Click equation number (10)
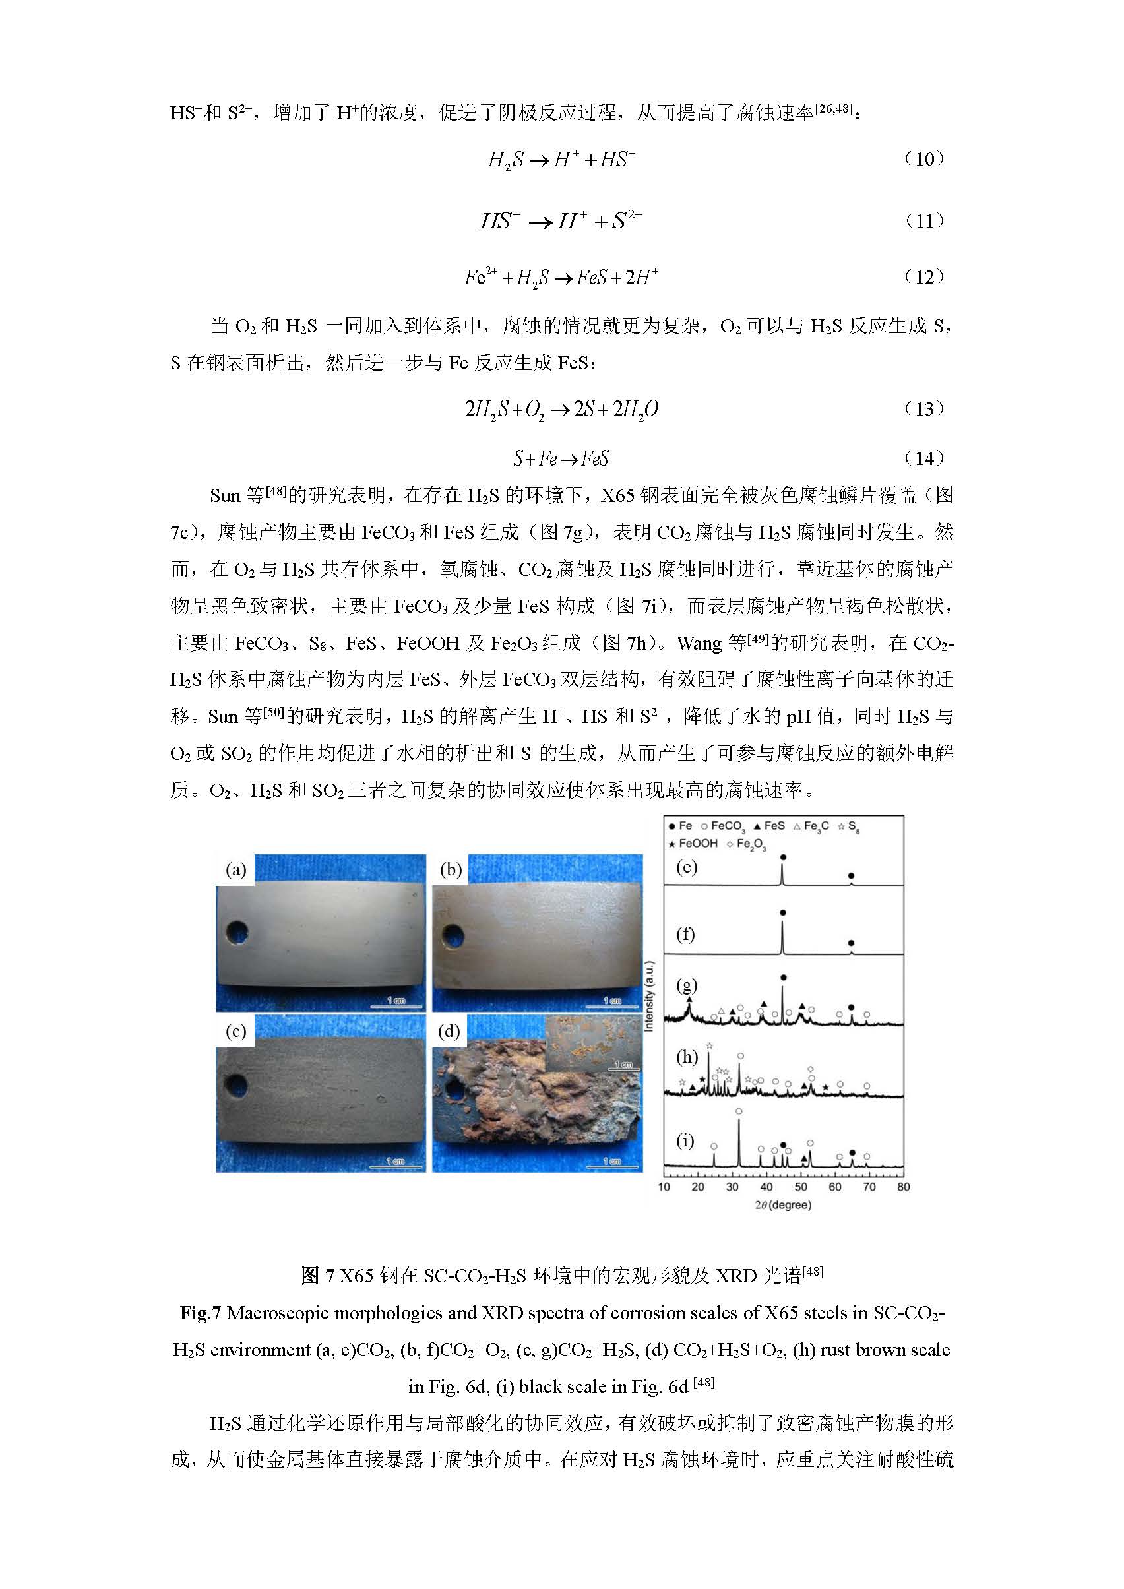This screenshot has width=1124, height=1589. (925, 159)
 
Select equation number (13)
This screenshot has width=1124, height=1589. (925, 409)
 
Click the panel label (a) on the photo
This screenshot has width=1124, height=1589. (236, 869)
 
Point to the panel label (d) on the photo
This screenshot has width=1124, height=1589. (449, 1032)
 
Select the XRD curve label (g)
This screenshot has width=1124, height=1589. (686, 984)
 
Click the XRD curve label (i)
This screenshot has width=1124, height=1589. (685, 1140)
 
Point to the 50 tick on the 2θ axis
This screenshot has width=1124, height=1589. (801, 1186)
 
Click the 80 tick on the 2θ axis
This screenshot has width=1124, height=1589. (903, 1186)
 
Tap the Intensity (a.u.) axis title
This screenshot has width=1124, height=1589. (649, 996)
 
